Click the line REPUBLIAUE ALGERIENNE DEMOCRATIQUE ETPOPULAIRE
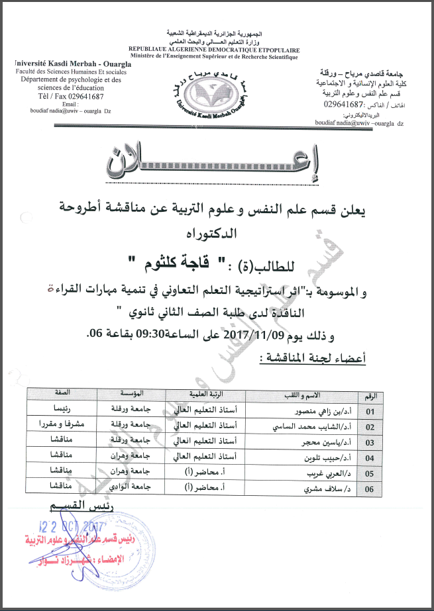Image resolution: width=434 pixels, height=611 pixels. click(x=214, y=50)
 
